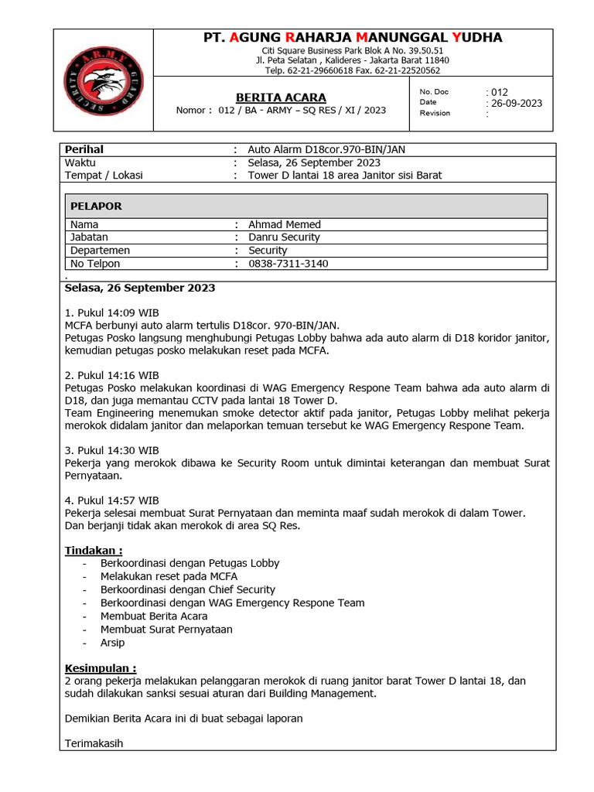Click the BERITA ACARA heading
coord(281,97)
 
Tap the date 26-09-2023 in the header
coord(514,103)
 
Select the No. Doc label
coord(434,91)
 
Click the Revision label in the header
coord(435,114)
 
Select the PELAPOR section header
coord(96,207)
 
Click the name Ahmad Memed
coord(284,224)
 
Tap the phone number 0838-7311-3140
coord(288,264)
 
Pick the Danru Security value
coord(284,237)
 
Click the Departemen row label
coord(100,251)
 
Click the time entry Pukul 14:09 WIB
coord(112,312)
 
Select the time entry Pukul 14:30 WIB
coord(112,450)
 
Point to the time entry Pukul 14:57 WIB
coord(112,500)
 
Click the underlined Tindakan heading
coord(94,550)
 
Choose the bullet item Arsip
coord(112,643)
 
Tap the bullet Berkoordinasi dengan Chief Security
coord(187,589)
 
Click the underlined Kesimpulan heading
coord(101,667)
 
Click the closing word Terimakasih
coord(94,744)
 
